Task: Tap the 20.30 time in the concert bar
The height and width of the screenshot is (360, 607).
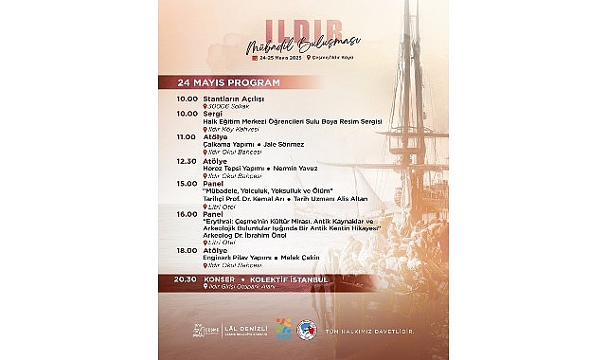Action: pyautogui.click(x=187, y=279)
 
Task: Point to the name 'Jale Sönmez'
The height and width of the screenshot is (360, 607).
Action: pyautogui.click(x=284, y=145)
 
